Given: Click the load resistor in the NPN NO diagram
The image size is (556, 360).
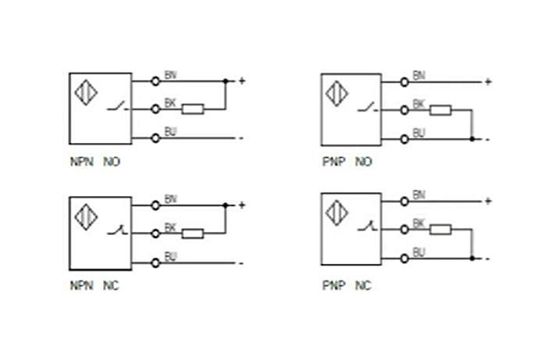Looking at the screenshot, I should point(193,109).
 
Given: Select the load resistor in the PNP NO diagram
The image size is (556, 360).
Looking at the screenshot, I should point(440,110).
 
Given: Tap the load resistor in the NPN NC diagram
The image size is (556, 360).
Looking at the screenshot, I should point(193,233).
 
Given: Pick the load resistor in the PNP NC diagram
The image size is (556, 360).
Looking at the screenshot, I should point(440,229).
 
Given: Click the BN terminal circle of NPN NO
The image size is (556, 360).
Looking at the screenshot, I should point(155,80).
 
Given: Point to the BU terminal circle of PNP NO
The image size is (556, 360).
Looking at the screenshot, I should point(404,139).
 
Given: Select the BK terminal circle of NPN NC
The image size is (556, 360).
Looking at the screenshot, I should point(155,233).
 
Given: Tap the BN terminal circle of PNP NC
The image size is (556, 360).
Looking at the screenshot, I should point(404,200).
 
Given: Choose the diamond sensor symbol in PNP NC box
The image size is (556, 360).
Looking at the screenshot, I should point(337,212).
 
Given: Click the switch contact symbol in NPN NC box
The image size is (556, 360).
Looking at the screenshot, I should point(115,231).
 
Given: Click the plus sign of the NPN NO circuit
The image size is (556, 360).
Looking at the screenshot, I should point(241,80).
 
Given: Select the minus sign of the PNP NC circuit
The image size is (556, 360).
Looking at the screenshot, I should point(487,259).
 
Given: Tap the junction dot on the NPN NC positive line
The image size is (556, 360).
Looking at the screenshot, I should point(225,205).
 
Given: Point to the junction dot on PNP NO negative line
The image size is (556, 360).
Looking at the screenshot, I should point(472,139).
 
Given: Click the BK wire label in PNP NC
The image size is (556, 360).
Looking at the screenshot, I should point(419,223).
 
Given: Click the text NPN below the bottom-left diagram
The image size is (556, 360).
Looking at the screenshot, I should point(80,286).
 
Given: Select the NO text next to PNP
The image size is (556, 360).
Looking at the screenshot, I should point(363,162).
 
